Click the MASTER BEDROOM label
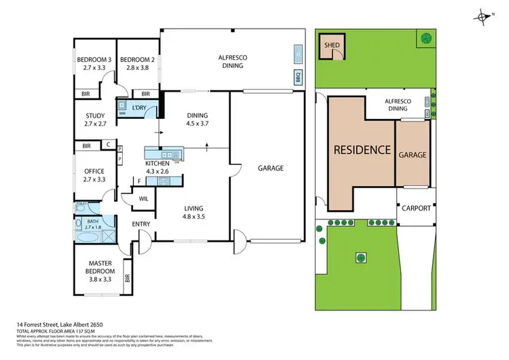[100, 268]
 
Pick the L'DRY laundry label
[140, 108]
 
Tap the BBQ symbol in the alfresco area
[297, 77]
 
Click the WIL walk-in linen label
[144, 199]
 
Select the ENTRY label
[140, 224]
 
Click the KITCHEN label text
[157, 164]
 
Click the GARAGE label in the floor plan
[270, 168]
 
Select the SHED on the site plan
[332, 47]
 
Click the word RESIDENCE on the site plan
[361, 150]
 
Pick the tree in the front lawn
[360, 257]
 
